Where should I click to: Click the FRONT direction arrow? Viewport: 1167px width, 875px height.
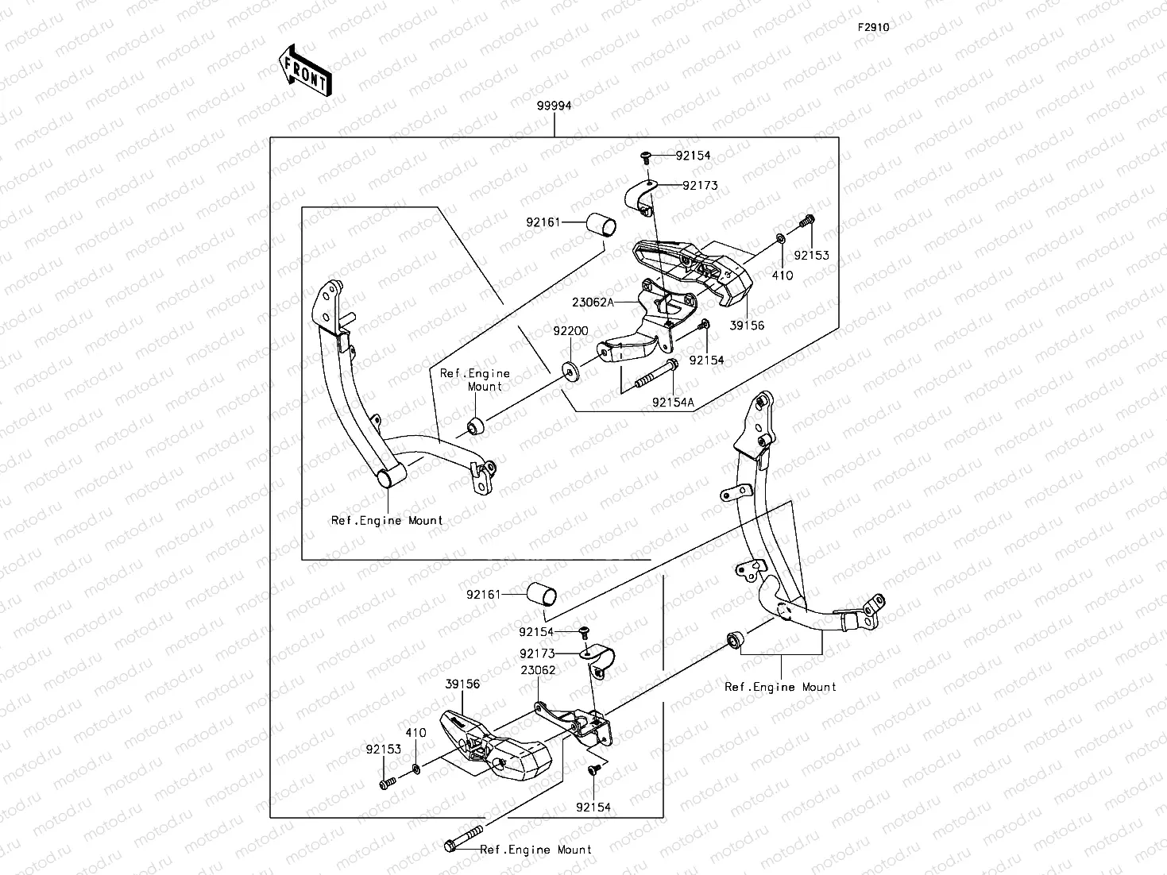304,69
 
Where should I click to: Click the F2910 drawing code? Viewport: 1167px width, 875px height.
872,27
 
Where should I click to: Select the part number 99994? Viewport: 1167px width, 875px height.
554,106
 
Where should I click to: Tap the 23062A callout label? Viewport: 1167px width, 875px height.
593,302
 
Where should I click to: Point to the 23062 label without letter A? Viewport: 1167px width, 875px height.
538,670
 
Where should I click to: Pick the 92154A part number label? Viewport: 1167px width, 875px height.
673,403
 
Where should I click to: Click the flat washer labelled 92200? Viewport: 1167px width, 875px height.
570,369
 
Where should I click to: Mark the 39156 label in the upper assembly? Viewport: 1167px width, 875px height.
747,326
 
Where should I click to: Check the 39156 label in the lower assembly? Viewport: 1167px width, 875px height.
462,684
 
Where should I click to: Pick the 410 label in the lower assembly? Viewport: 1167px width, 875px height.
416,733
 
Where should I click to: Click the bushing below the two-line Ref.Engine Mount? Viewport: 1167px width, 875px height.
476,426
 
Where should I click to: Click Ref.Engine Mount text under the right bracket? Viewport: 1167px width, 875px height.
780,687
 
